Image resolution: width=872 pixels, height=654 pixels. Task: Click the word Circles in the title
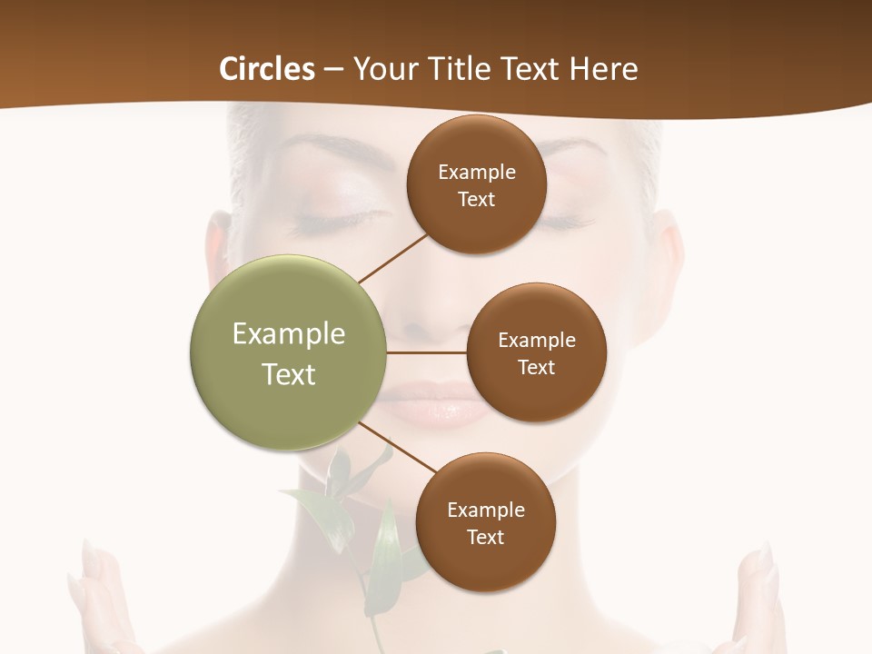(x=266, y=69)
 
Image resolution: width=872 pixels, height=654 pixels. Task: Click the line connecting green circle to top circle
(x=392, y=258)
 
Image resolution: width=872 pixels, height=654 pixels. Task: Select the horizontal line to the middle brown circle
(x=427, y=352)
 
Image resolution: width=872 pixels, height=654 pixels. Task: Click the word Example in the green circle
(x=289, y=334)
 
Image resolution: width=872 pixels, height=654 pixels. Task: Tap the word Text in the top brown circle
(x=477, y=200)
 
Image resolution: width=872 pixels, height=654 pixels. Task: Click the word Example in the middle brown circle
(x=536, y=341)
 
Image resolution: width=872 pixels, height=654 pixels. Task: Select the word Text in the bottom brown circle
(x=485, y=537)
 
